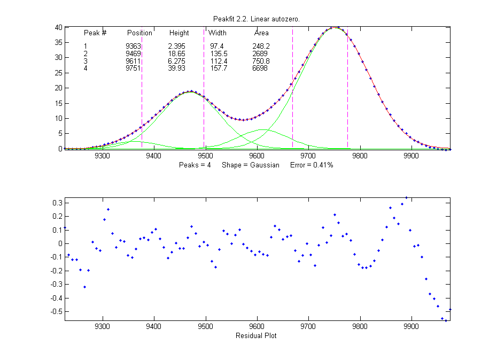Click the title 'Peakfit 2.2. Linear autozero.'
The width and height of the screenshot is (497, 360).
click(x=256, y=19)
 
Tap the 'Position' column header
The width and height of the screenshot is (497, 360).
click(x=139, y=33)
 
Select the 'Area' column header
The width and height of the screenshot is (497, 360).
click(x=261, y=33)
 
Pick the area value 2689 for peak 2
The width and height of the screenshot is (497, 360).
click(x=260, y=54)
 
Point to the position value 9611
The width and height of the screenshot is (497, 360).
click(x=133, y=61)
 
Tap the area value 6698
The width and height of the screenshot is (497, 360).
click(x=260, y=68)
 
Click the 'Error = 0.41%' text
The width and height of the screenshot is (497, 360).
click(x=312, y=165)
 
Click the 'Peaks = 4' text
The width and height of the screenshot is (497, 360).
click(x=195, y=165)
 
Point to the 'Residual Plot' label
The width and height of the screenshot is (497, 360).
click(x=256, y=336)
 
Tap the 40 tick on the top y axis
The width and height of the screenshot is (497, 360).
click(x=59, y=27)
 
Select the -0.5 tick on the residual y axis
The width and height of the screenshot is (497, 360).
click(x=56, y=311)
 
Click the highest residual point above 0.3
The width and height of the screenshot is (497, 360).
click(x=406, y=198)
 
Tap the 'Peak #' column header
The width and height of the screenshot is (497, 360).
click(x=95, y=33)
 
